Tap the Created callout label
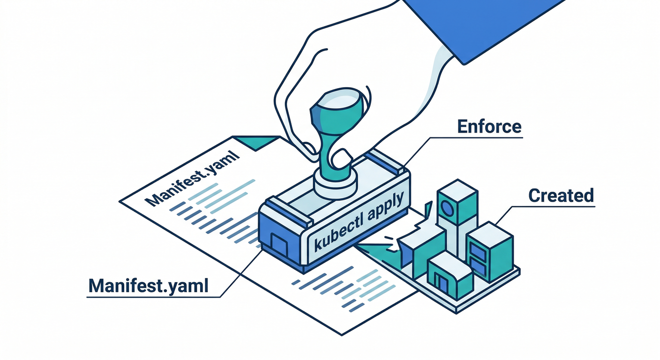(x=561, y=195)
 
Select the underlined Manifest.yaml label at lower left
(x=148, y=285)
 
